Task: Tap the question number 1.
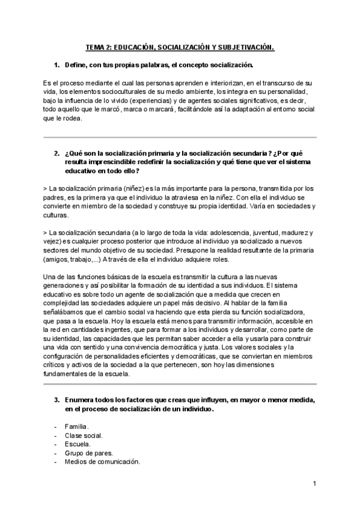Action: (x=56, y=64)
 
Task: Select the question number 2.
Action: (x=56, y=153)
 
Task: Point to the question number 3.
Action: (x=56, y=400)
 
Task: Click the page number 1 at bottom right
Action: (x=314, y=483)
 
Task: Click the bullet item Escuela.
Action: (x=78, y=444)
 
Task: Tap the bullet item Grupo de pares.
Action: (x=88, y=453)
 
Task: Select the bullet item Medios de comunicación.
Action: (x=102, y=462)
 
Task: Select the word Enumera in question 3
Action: (x=81, y=400)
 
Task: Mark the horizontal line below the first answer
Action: (x=180, y=138)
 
